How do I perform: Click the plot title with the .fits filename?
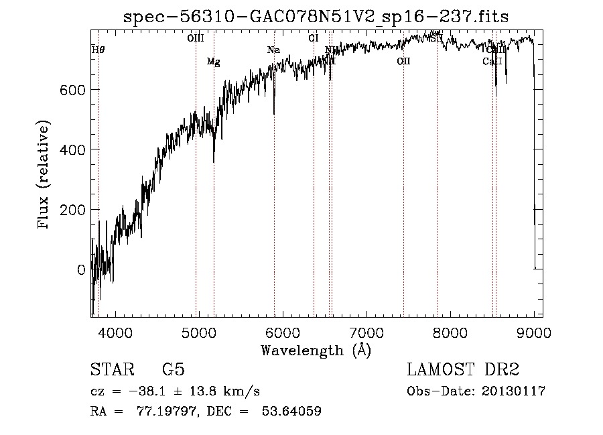pyautogui.click(x=316, y=17)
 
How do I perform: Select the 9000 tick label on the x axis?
pyautogui.click(x=534, y=332)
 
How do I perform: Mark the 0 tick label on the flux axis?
pyautogui.click(x=80, y=269)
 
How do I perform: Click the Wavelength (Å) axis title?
pyautogui.click(x=316, y=350)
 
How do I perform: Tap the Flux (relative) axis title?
pyautogui.click(x=45, y=175)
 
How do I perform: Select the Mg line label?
pyautogui.click(x=213, y=62)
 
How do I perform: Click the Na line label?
pyautogui.click(x=273, y=50)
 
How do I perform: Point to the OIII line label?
pyautogui.click(x=195, y=38)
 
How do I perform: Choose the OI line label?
pyautogui.click(x=313, y=38)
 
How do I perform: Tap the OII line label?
pyautogui.click(x=403, y=62)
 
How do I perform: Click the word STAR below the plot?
pyautogui.click(x=113, y=370)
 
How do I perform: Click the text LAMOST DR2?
pyautogui.click(x=463, y=370)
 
